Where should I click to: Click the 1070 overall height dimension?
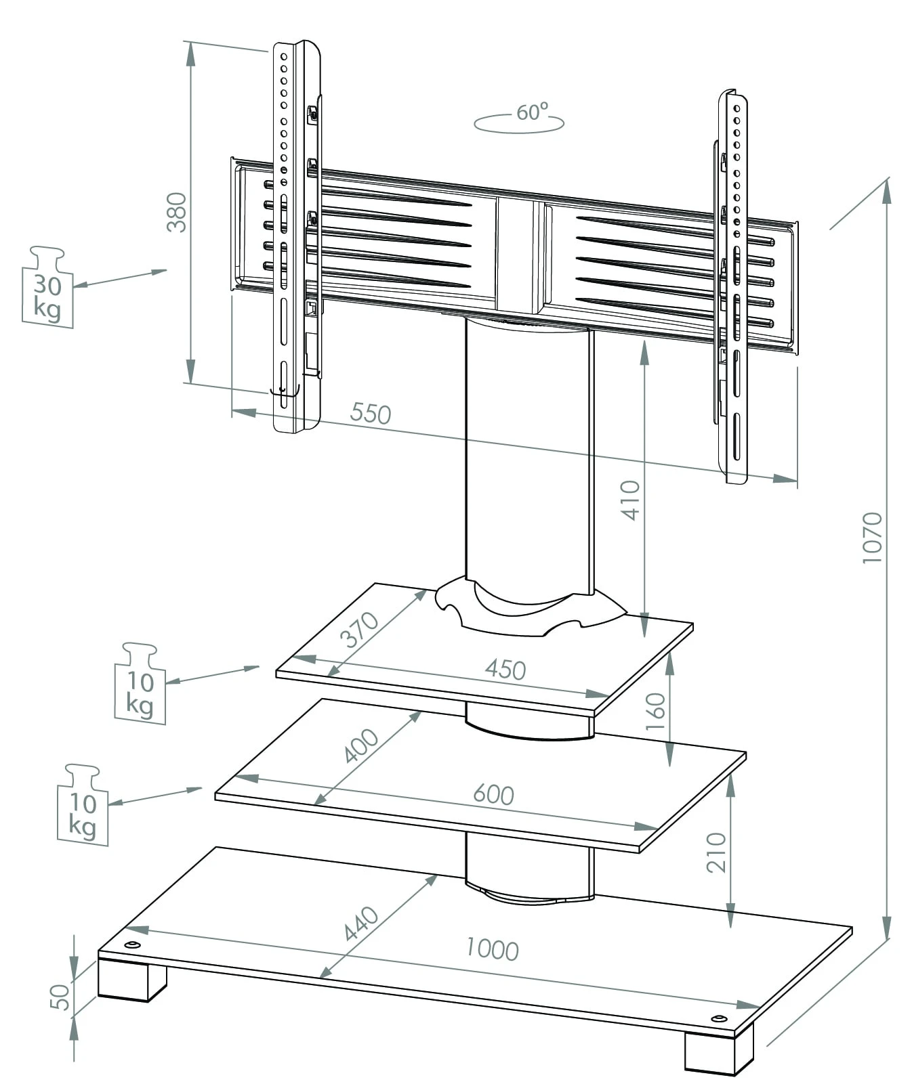872,538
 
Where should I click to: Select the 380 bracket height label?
177,212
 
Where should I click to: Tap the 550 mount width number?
371,413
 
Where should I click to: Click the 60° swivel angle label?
531,112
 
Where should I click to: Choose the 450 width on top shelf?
505,670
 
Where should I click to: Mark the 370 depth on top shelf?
359,630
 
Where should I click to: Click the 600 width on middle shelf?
493,794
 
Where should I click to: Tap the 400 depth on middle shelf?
361,745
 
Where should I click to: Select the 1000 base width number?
493,949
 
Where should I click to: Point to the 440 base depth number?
361,924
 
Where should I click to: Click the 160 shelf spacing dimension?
656,711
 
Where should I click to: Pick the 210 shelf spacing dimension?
716,852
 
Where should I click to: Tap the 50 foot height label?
60,997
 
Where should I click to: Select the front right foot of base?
717,1054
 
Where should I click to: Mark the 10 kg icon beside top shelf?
140,685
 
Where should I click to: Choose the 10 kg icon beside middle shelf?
83,807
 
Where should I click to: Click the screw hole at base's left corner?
132,945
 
